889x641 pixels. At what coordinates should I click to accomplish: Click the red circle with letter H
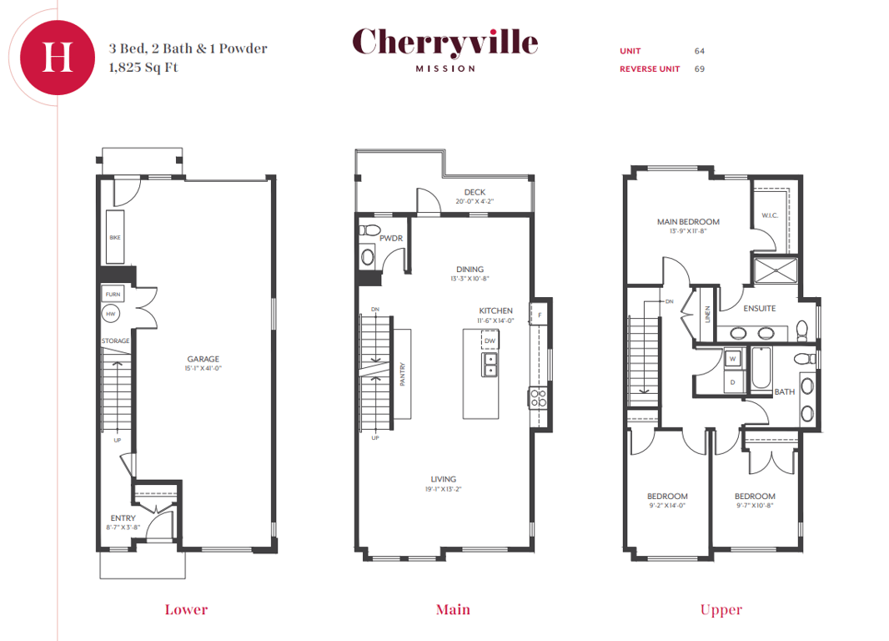click(58, 58)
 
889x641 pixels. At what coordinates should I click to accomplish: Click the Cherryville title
click(445, 43)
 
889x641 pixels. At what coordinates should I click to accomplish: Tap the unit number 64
click(700, 51)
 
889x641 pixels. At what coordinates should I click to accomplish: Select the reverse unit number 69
click(700, 68)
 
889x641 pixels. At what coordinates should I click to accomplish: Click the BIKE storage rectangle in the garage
click(115, 237)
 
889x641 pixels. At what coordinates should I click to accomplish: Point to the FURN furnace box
click(113, 294)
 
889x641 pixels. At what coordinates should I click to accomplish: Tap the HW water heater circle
click(111, 314)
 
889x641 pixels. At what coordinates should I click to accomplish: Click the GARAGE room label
click(203, 359)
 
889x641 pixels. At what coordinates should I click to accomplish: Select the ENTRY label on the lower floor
click(123, 518)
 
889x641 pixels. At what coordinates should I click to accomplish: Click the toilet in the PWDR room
click(369, 230)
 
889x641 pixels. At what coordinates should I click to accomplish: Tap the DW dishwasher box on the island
click(490, 340)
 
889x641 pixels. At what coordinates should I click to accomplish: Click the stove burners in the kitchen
click(538, 397)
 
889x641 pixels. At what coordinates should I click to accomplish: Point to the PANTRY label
click(403, 375)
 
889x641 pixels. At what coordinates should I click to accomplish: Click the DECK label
click(475, 192)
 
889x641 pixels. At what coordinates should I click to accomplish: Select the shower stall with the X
click(775, 270)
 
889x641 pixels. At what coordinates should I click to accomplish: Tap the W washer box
click(732, 359)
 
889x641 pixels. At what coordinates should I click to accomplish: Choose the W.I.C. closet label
click(770, 215)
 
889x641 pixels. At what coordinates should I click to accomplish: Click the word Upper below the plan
click(721, 610)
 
